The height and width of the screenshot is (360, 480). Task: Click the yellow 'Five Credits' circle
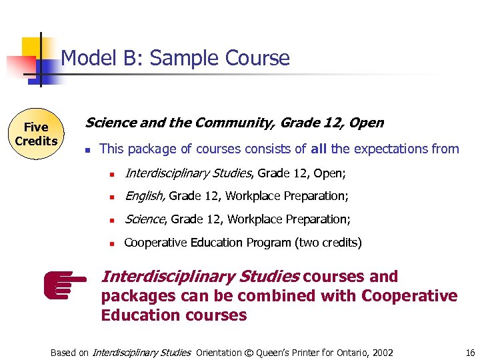point(36,134)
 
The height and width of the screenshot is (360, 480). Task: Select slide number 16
point(470,353)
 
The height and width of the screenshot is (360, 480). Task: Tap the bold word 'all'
point(319,149)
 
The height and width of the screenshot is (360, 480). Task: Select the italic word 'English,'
point(145,196)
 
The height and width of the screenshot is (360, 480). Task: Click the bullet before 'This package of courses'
point(87,150)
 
